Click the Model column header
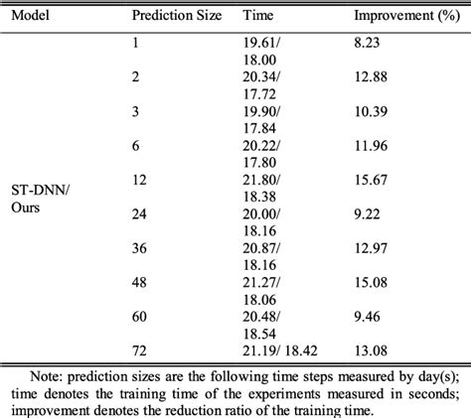coord(28,17)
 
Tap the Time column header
coord(259,17)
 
